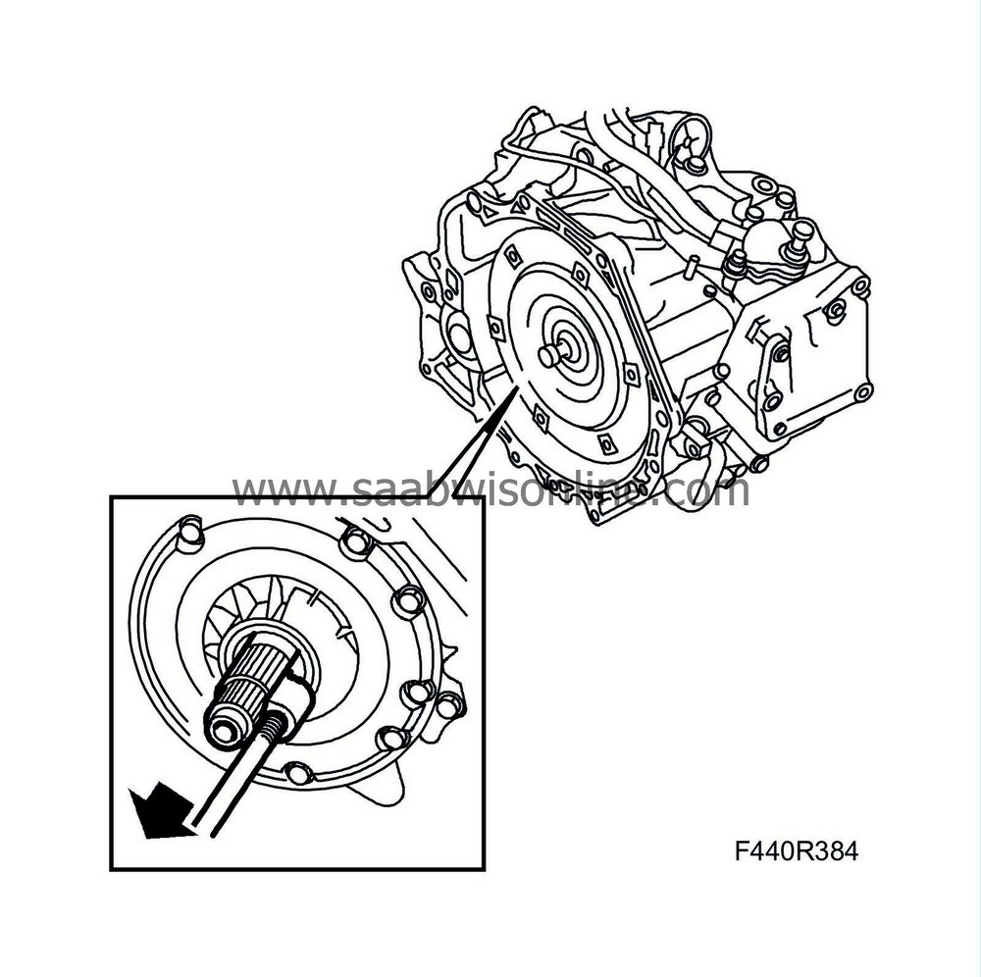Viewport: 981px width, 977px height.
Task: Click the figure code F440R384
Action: point(796,851)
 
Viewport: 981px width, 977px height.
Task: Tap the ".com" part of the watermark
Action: point(704,489)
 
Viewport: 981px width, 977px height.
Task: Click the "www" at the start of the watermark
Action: point(271,489)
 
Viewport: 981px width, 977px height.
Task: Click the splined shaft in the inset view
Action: point(246,677)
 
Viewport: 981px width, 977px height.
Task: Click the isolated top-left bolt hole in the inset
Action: point(189,534)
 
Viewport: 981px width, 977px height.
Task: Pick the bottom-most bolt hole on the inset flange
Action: point(297,773)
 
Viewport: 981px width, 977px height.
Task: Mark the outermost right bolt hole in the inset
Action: point(448,704)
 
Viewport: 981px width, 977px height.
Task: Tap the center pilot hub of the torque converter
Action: point(550,355)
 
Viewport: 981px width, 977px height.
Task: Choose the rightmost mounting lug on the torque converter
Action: point(632,374)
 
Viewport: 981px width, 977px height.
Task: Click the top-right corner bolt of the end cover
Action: point(860,286)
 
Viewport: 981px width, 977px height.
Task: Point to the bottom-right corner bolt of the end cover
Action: point(863,392)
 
